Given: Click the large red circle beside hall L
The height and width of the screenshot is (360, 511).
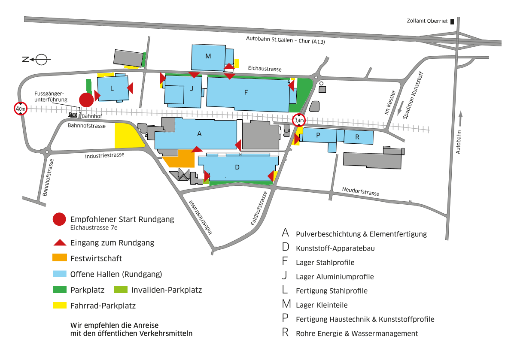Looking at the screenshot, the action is pos(86,100).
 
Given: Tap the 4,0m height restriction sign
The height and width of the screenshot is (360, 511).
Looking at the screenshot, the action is pos(21,109).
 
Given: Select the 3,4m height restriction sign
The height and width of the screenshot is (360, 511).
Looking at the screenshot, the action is pos(299,120).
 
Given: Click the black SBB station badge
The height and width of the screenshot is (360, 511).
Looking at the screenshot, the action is pos(73,115).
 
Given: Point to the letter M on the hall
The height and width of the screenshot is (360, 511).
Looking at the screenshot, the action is pos(208,56).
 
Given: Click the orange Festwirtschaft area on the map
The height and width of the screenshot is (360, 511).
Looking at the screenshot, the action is pos(179,158).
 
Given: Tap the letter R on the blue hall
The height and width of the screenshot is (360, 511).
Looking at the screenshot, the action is pos(357,137).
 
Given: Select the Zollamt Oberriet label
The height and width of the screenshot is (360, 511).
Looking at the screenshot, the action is pos(427,21).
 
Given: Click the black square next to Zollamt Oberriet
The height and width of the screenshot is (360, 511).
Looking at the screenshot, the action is pos(452,21).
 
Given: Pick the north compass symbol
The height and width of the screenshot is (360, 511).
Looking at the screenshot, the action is pos(36,60).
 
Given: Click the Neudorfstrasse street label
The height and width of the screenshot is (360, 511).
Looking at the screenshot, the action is pos(361,191).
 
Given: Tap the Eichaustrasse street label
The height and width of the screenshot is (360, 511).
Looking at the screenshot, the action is pos(265,68).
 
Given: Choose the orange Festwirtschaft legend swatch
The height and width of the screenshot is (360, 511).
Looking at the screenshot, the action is pos(60,257).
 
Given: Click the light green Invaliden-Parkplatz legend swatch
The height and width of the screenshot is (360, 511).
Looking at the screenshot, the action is pos(121,290).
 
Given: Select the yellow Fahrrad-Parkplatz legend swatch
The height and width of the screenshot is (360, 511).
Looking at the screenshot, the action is pos(60,306).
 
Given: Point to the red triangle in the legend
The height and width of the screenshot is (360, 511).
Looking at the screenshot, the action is pos(60,242).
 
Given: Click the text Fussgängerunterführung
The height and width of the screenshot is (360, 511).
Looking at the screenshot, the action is pos(51,97).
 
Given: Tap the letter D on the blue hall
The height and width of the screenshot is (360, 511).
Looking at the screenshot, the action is pos(237,167).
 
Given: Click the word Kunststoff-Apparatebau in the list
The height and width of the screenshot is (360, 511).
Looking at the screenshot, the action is pos(335,248).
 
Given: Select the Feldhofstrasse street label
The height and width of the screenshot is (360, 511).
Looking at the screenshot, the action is pos(259,208).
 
